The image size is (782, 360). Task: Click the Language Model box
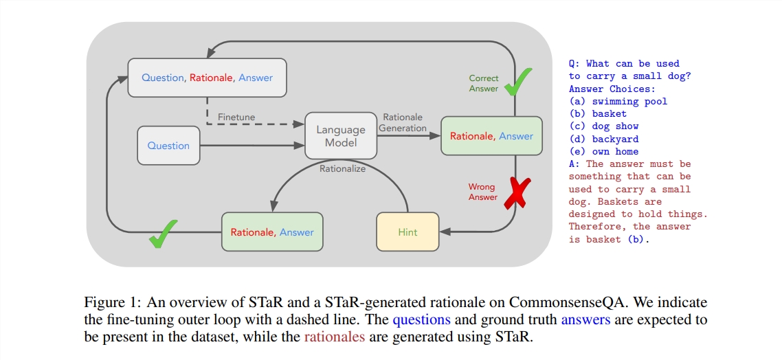click(x=341, y=136)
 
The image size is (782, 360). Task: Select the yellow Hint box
click(x=407, y=232)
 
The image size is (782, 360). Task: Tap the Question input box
click(x=168, y=146)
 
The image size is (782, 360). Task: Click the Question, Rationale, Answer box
click(x=207, y=78)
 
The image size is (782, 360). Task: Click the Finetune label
click(x=236, y=117)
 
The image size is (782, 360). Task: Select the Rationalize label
click(x=342, y=168)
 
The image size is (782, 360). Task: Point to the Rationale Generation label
click(x=403, y=122)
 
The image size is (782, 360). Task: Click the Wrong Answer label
click(x=482, y=192)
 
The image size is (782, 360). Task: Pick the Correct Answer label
click(x=484, y=83)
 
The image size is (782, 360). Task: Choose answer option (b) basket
click(x=597, y=113)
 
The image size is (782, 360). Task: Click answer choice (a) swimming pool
click(x=618, y=101)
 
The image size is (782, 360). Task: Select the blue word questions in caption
click(x=421, y=320)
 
